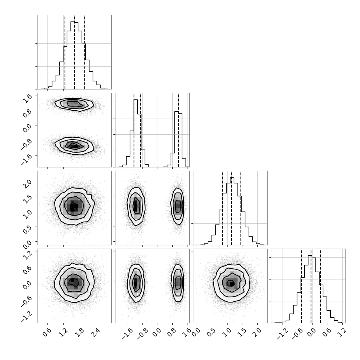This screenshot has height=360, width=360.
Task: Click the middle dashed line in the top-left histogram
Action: [74, 53]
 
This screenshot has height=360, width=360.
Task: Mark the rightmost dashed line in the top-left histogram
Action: [84, 53]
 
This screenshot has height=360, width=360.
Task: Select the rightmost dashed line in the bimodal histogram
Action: [179, 130]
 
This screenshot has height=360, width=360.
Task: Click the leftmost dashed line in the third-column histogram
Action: [222, 208]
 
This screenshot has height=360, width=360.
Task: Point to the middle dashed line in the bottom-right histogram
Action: [311, 286]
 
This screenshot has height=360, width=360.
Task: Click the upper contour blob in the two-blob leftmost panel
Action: [74, 104]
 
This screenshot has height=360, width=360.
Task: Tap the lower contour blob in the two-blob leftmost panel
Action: [74, 145]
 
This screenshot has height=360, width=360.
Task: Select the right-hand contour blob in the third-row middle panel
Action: [177, 206]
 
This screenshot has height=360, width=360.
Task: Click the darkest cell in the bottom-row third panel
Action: [232, 284]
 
